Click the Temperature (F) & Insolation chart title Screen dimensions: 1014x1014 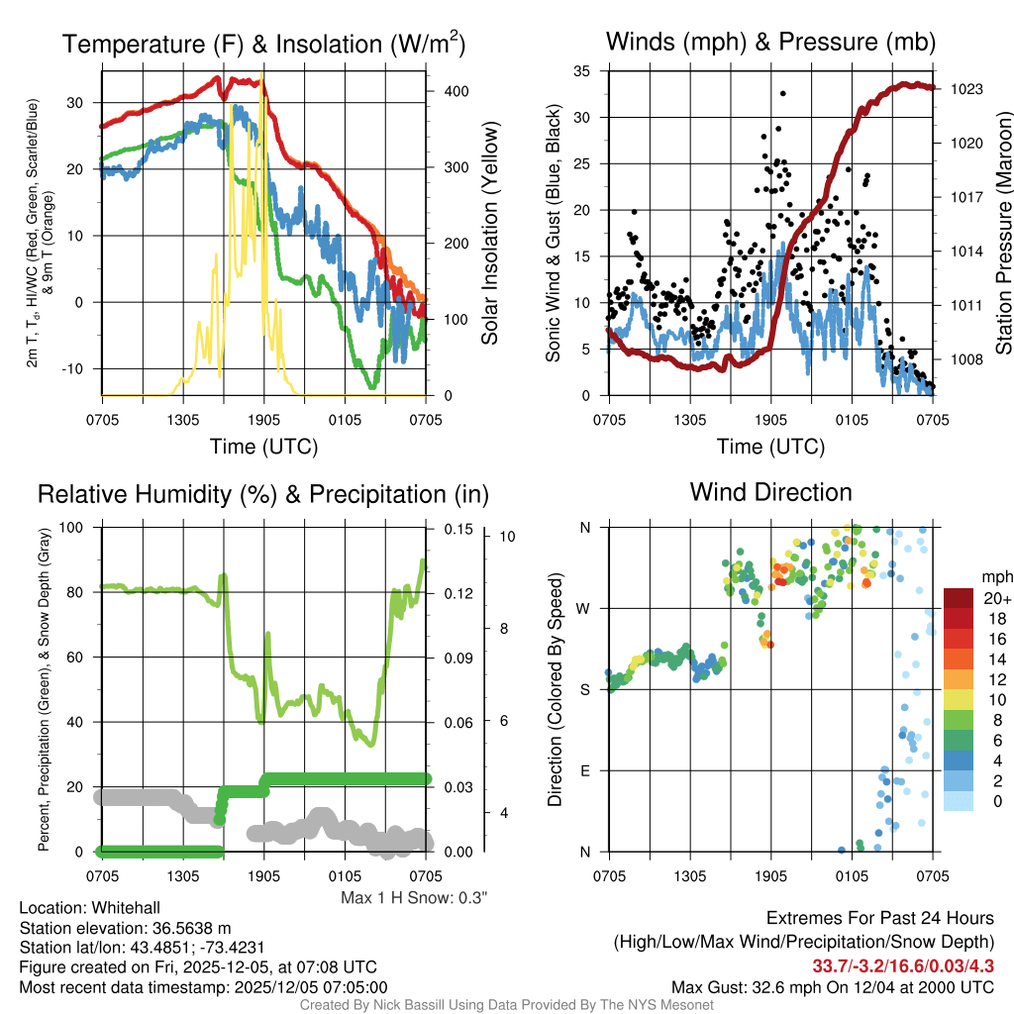pos(263,44)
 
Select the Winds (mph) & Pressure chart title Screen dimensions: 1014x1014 pos(770,42)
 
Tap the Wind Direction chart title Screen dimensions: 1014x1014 pos(770,492)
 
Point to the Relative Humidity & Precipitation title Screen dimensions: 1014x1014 pos(263,494)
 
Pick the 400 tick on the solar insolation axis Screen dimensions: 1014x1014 pos(456,91)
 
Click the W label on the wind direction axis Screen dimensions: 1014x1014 pos(585,608)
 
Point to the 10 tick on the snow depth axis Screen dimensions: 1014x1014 pos(509,537)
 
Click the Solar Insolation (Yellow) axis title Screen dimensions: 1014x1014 pos(489,232)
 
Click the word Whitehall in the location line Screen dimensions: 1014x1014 pos(123,908)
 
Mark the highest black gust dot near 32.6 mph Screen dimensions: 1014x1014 pos(782,93)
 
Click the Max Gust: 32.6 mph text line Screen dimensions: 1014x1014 pos(832,986)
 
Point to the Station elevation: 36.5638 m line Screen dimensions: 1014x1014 pos(125,928)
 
